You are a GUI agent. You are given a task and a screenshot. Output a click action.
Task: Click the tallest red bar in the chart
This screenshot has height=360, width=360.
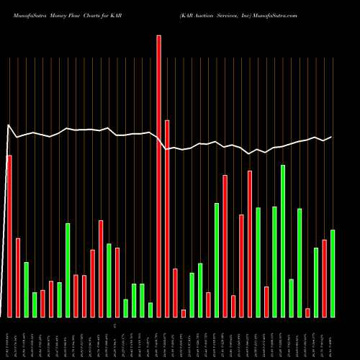tap(158, 176)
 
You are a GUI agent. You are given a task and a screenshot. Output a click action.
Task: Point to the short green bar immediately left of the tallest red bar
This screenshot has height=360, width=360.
tap(150, 310)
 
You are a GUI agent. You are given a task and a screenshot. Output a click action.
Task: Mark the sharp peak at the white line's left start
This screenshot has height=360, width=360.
tap(9, 126)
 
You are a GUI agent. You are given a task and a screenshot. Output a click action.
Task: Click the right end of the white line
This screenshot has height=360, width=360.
tap(331, 137)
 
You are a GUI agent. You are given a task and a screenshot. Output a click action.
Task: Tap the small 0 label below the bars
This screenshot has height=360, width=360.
tap(114, 326)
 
